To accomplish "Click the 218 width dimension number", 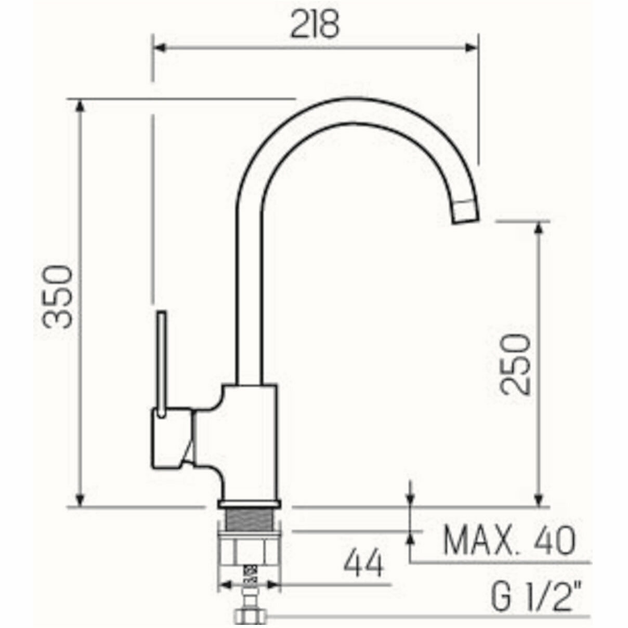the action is (x=315, y=24).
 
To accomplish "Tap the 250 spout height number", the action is (x=515, y=364).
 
